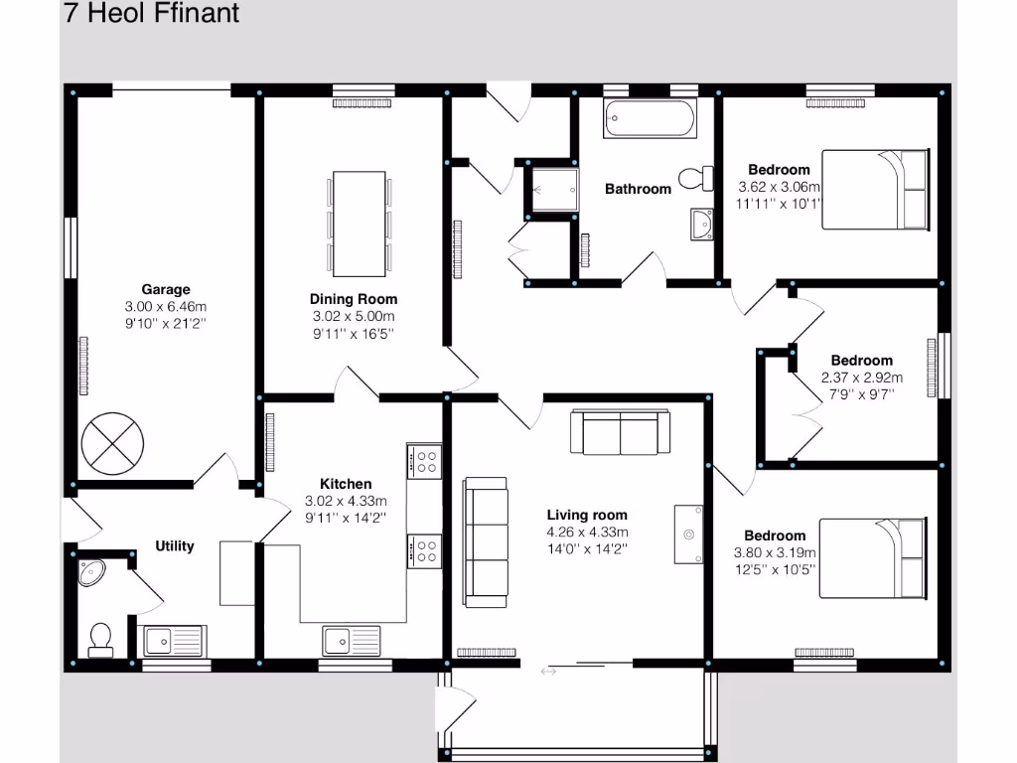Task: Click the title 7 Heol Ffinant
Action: tap(151, 14)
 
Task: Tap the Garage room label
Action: tap(165, 290)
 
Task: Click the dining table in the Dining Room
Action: tap(359, 224)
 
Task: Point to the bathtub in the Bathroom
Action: tap(651, 121)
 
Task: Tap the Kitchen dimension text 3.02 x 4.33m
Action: tap(346, 501)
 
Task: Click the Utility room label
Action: tap(175, 546)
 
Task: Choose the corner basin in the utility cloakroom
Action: tap(94, 573)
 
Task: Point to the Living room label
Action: tap(587, 515)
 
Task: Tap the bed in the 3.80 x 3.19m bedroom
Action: tap(872, 557)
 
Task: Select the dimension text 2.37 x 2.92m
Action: tap(862, 378)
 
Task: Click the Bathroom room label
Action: tap(638, 189)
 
